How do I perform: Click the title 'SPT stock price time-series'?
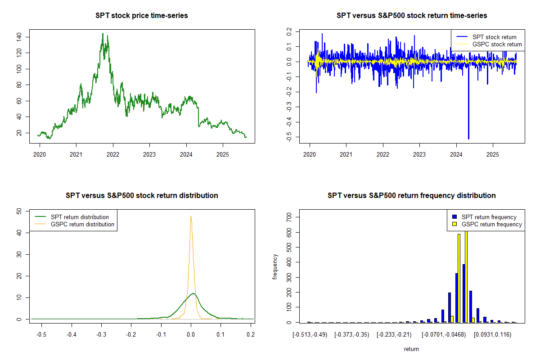point(142,16)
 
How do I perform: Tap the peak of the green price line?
point(103,33)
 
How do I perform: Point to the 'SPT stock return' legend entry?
point(494,37)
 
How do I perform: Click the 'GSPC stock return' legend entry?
point(497,45)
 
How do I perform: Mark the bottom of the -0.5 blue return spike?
point(468,139)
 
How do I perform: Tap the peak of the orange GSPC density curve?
point(191,216)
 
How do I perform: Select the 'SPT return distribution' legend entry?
point(80,217)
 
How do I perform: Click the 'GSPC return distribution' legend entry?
point(82,224)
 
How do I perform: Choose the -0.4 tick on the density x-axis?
point(71,335)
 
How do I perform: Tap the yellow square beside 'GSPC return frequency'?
point(454,224)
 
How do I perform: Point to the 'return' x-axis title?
point(411,349)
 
